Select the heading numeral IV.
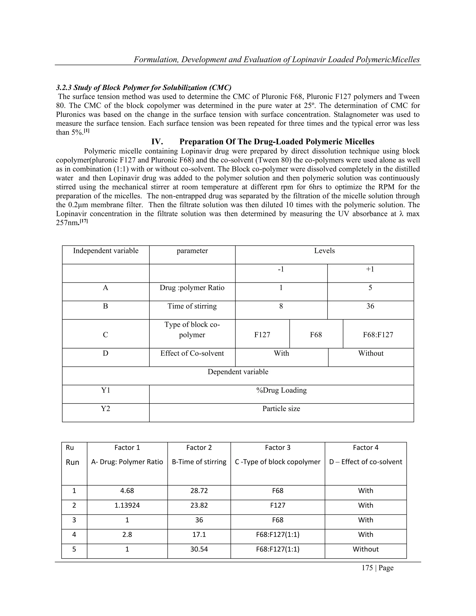[x=157, y=142]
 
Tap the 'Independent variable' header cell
[x=106, y=251]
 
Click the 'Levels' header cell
[x=324, y=251]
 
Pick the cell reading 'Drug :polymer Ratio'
[x=192, y=288]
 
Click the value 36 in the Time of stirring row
[x=370, y=306]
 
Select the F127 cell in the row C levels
[x=262, y=335]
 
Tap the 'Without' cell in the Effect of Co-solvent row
[x=370, y=353]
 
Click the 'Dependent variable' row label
[x=238, y=372]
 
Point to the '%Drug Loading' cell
[x=281, y=390]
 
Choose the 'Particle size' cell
[x=281, y=408]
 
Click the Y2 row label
[x=106, y=408]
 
